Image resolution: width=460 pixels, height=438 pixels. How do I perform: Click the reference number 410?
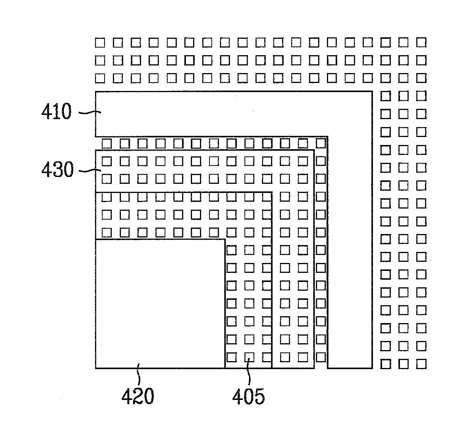point(56,112)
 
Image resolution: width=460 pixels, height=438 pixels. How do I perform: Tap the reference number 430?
point(57,170)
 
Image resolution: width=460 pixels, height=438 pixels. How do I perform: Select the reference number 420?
point(138,397)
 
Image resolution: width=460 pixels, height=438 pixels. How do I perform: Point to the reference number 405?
point(249,397)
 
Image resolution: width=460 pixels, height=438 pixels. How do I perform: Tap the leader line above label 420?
point(139,374)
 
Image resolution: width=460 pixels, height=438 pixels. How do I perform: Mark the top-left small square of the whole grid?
point(100,42)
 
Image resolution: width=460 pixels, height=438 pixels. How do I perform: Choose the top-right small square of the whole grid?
point(421,42)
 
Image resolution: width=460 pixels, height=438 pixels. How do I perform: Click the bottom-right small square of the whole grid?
point(421,364)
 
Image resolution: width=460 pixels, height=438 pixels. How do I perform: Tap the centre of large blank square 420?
point(160,304)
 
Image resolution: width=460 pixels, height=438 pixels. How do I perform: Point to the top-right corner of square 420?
point(225,239)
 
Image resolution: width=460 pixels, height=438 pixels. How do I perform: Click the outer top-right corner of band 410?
point(372,92)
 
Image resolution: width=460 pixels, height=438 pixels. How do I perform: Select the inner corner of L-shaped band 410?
point(328,136)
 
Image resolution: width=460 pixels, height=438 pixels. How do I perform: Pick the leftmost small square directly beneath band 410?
point(106,143)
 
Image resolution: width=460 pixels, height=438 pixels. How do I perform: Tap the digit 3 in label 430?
point(57,170)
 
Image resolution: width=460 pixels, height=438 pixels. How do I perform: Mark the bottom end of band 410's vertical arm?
point(350,368)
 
